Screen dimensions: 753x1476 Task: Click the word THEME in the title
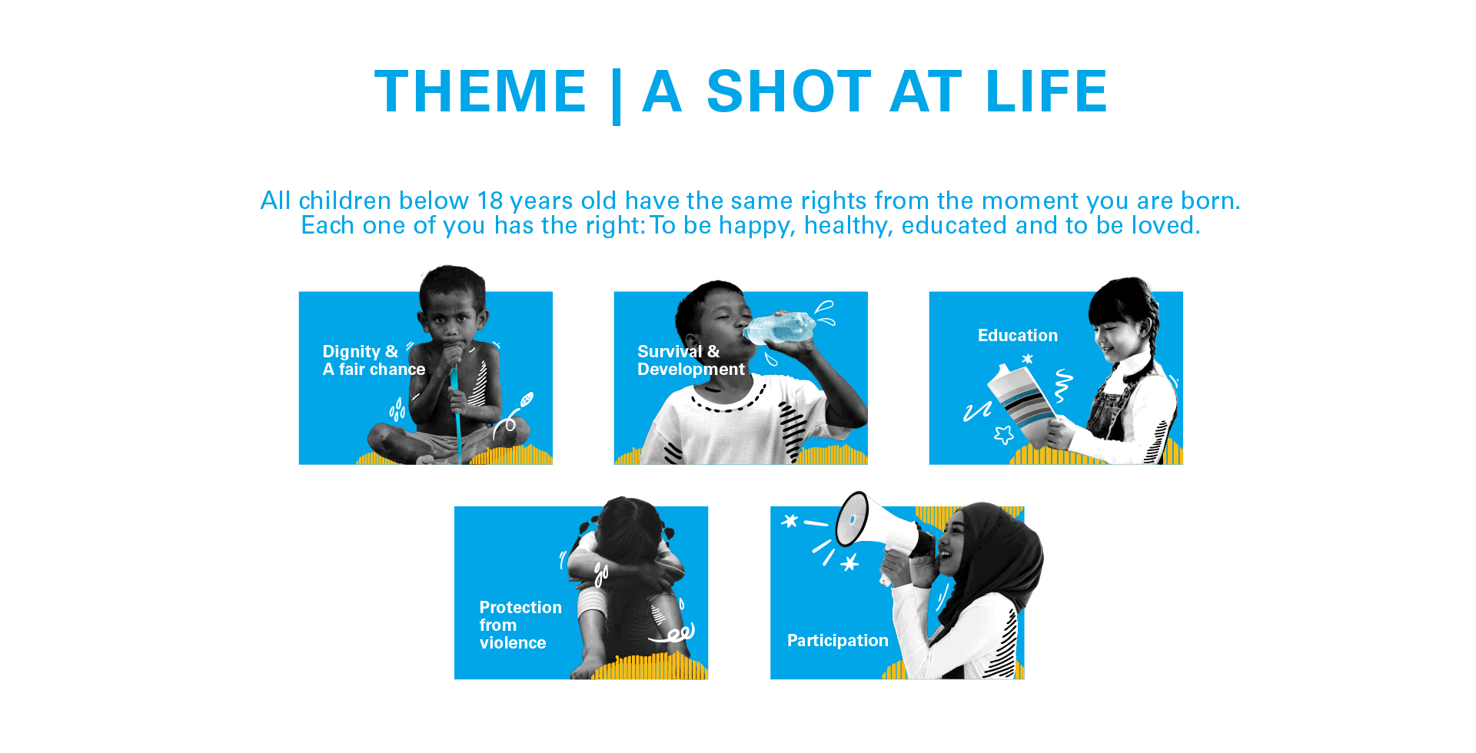[x=481, y=91]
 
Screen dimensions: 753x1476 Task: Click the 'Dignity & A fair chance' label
[x=374, y=360]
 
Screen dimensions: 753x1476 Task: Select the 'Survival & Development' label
[x=690, y=360]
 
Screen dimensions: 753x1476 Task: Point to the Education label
[x=1017, y=336]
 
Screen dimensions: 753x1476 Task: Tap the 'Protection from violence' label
[x=520, y=625]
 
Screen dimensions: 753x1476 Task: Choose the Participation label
[x=837, y=641]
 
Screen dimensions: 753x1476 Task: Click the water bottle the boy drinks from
[x=779, y=328]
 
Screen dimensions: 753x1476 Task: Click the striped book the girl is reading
[x=1021, y=403]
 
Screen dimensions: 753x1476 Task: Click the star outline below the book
[x=1004, y=435]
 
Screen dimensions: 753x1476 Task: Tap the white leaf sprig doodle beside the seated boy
[x=515, y=415]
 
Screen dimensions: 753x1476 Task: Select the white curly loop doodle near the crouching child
[x=676, y=634]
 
